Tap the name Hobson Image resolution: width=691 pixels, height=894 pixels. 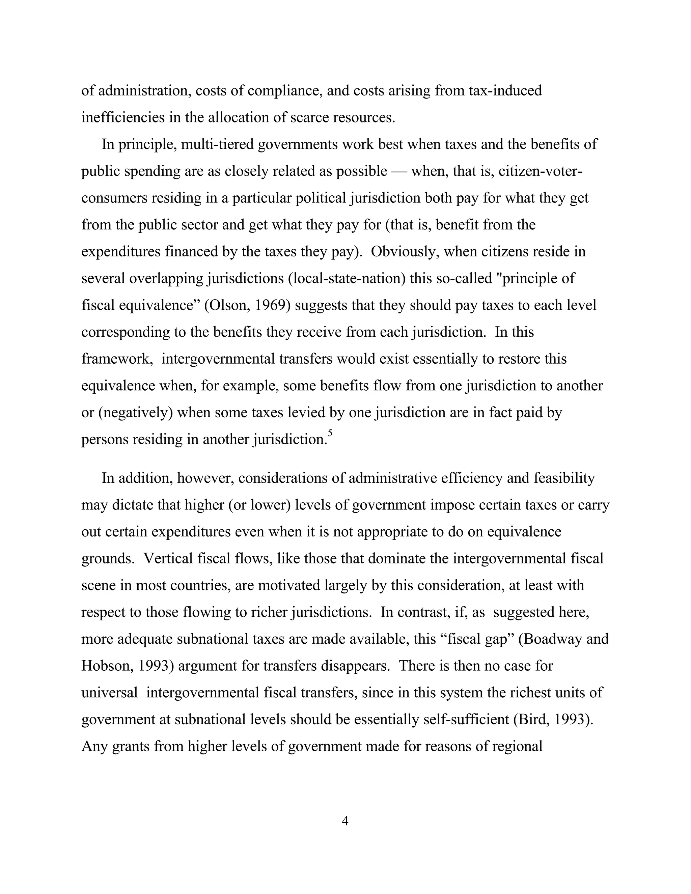106,666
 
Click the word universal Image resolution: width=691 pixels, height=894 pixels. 110,693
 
